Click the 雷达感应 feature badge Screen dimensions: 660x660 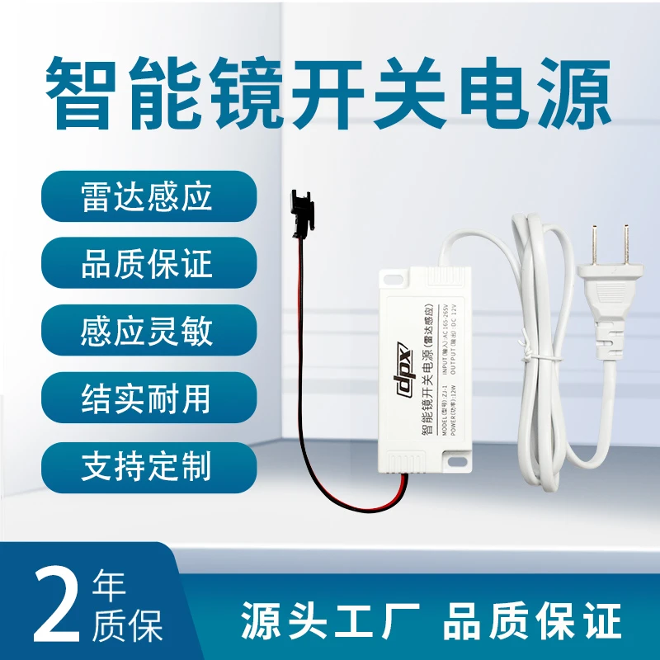[147, 197]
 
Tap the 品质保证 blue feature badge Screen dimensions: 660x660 [147, 264]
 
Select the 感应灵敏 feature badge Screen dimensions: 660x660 [147, 331]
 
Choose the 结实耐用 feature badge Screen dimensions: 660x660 [147, 398]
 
